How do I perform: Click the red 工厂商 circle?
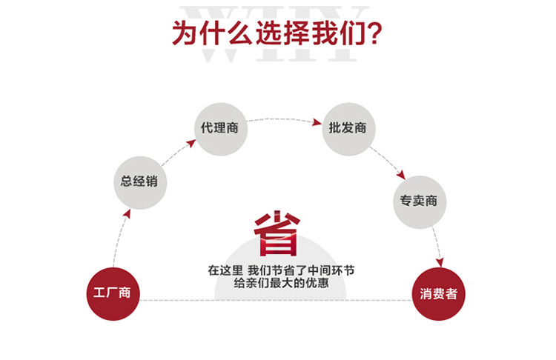pos(113,293)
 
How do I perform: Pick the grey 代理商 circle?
pos(220,127)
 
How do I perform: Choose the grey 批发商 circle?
pos(348,128)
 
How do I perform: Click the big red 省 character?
pos(277,235)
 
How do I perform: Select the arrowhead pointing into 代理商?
pos(191,141)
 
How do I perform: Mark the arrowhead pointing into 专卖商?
pos(401,176)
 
